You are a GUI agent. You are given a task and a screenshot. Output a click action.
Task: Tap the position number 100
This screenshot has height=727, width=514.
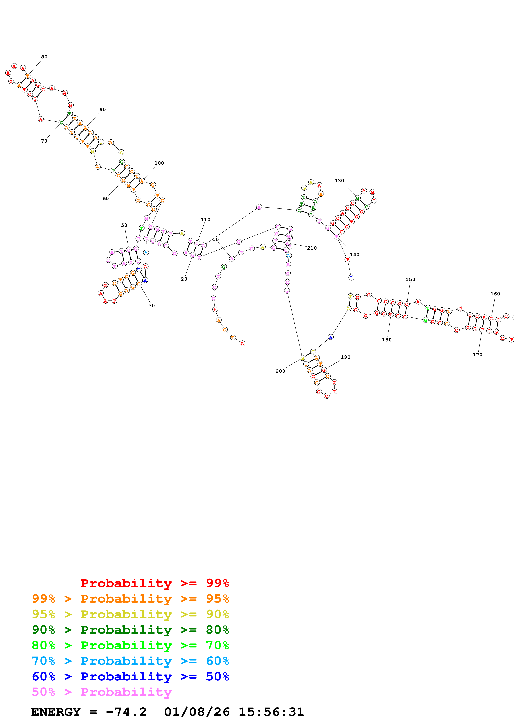[x=159, y=163]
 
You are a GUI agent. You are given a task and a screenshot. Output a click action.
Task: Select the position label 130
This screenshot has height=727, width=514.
[x=339, y=181]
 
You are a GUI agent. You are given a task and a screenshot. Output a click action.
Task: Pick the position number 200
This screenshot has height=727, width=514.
[x=280, y=371]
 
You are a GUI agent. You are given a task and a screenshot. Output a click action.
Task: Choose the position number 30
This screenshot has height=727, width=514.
[x=152, y=305]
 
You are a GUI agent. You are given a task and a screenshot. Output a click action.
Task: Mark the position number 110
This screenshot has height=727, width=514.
[x=205, y=219]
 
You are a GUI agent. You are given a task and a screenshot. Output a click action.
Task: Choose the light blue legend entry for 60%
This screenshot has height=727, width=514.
[x=130, y=661]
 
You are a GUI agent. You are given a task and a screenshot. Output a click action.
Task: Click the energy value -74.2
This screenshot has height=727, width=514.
[x=126, y=712]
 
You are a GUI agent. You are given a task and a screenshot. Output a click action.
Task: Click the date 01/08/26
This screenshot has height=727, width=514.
[x=197, y=712]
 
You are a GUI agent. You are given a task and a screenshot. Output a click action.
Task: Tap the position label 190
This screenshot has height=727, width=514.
[x=345, y=357]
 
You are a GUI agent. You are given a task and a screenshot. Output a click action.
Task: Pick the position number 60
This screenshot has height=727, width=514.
[x=106, y=199]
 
